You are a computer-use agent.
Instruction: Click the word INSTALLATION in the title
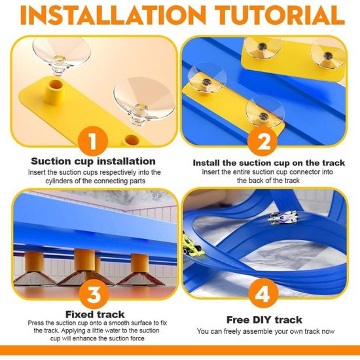(113, 16)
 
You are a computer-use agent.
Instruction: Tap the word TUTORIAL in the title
(280, 16)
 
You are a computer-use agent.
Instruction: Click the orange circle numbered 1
(93, 141)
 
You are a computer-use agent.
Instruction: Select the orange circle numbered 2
(262, 141)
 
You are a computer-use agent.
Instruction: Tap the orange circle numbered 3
(94, 294)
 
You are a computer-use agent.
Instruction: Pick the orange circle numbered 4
(263, 293)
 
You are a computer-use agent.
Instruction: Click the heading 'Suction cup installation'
(93, 162)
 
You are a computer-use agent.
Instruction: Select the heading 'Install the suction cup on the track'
(269, 163)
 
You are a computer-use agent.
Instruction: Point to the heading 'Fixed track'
(95, 314)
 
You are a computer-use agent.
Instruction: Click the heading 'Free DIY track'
(264, 320)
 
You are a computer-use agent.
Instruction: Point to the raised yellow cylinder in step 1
(54, 91)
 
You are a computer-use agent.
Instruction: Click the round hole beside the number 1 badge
(132, 140)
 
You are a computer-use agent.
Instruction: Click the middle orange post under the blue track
(84, 259)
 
